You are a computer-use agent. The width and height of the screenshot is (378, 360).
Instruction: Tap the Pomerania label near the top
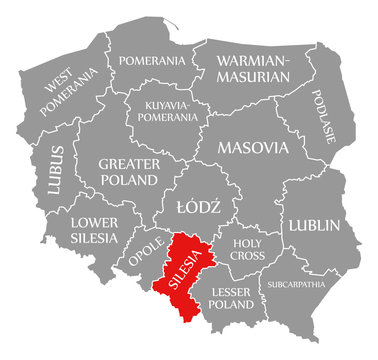click(x=151, y=61)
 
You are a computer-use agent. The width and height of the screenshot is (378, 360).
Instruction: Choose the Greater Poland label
click(x=128, y=171)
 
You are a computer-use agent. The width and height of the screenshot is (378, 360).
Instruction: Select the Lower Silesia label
click(x=94, y=230)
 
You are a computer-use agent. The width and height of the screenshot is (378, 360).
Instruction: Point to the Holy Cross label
click(x=246, y=249)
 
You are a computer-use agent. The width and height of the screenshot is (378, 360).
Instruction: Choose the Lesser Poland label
click(x=232, y=298)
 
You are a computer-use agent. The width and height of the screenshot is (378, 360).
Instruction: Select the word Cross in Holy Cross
click(x=246, y=256)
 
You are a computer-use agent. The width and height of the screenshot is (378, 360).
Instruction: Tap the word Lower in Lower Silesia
click(x=94, y=222)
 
